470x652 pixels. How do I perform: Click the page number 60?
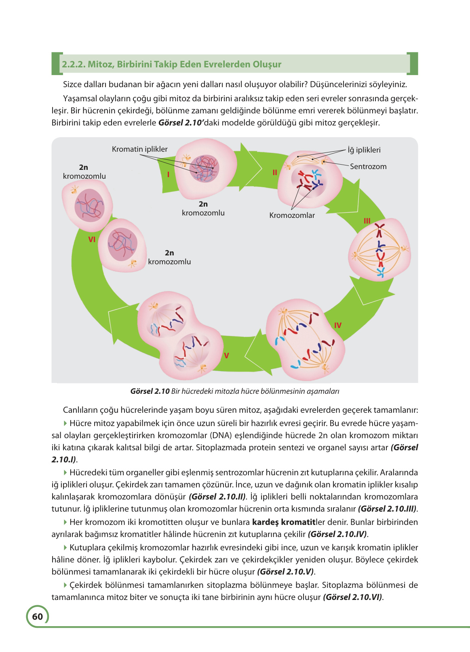coord(37,616)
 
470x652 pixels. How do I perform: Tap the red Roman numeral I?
coord(168,174)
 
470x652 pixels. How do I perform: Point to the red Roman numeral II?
coord(275,173)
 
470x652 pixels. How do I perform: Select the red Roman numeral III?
coord(367,221)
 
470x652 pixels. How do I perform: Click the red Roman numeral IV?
coord(337,325)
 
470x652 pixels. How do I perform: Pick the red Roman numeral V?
coord(226,355)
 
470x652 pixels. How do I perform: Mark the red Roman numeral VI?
coord(92,239)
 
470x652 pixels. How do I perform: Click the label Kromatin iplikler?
coord(139,149)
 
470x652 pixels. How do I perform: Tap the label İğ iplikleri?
coord(364,150)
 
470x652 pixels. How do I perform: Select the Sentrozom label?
coord(368,167)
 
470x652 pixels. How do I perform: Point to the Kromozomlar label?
coord(292,215)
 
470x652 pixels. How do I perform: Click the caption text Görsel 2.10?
coord(150,391)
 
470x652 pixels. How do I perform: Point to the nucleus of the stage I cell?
coord(204,169)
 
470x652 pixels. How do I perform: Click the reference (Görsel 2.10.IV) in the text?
coord(337,534)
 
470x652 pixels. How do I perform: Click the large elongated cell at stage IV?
coord(305,340)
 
